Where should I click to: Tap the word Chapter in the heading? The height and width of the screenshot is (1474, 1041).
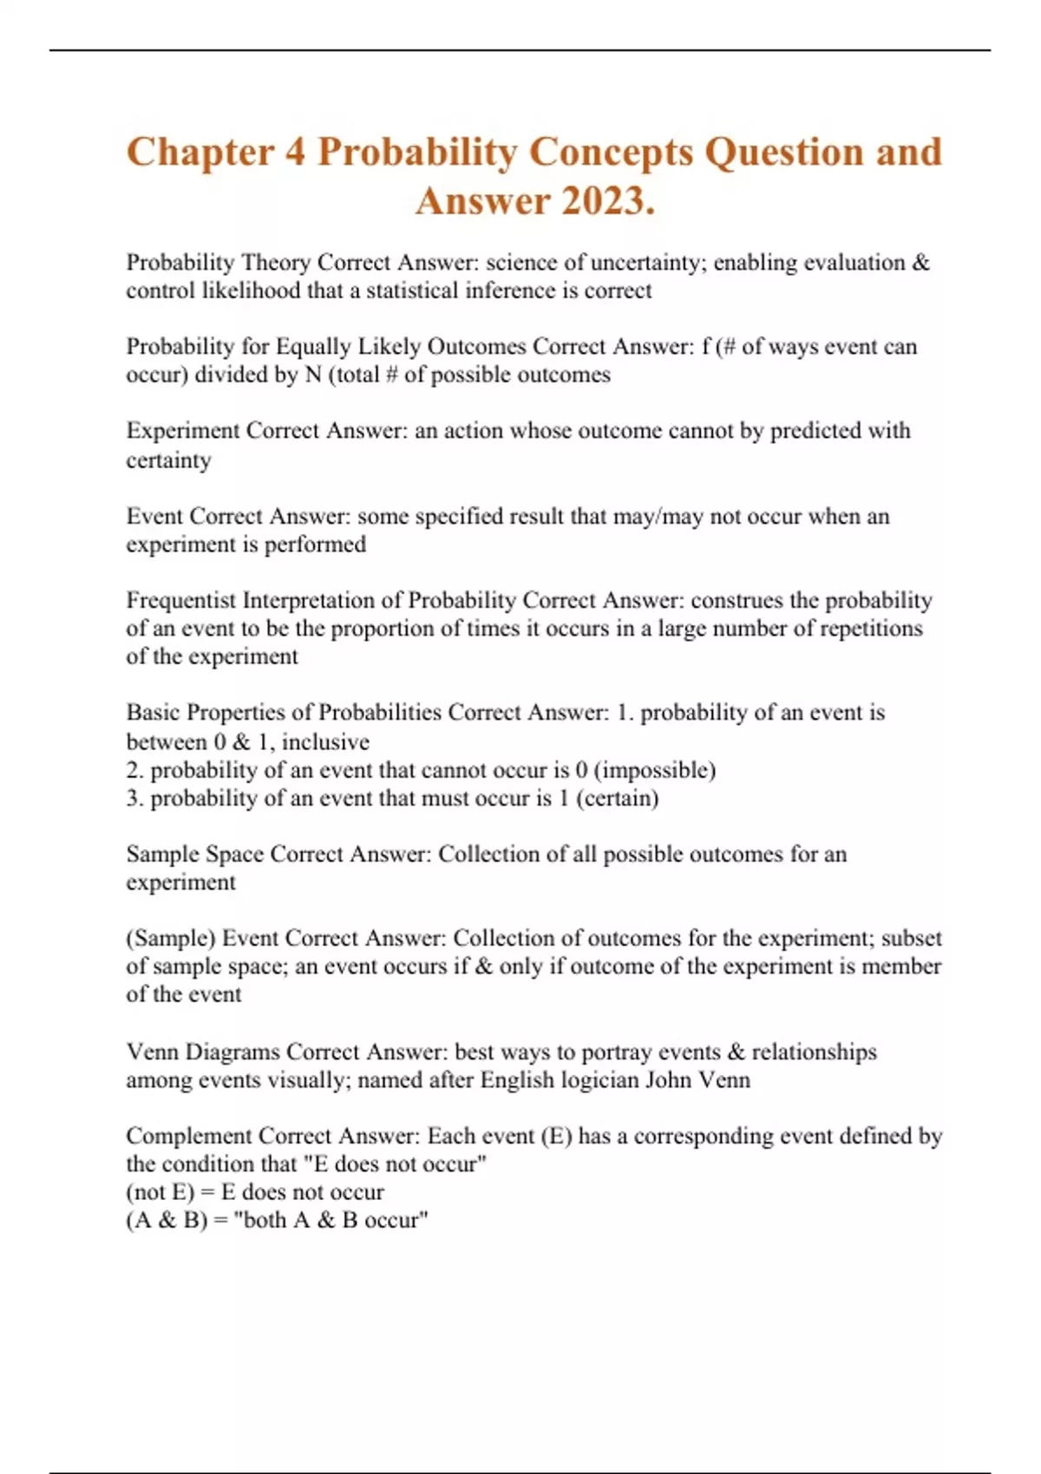point(200,153)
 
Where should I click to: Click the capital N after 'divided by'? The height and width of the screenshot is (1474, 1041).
point(313,375)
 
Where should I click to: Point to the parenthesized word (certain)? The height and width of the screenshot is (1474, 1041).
point(617,798)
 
